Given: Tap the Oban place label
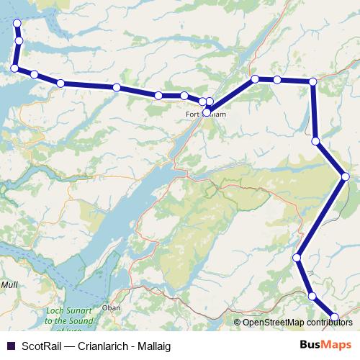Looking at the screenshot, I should click(112, 307).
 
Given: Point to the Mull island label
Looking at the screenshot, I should click(8, 285).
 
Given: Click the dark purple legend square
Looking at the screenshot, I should click(11, 345).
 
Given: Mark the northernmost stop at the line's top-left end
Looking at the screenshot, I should click(17, 23).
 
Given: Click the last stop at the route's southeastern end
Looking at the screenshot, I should click(335, 317).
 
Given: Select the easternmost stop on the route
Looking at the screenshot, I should click(345, 176).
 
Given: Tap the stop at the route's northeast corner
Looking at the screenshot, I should click(312, 83).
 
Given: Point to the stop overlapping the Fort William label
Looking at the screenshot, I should click(207, 112).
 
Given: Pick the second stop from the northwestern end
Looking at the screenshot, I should click(19, 41).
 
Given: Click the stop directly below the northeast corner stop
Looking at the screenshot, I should click(315, 141).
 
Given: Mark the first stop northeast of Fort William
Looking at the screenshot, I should click(255, 78).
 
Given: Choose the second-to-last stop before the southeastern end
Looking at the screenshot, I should click(312, 296).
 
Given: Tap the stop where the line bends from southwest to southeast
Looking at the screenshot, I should click(297, 257).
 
